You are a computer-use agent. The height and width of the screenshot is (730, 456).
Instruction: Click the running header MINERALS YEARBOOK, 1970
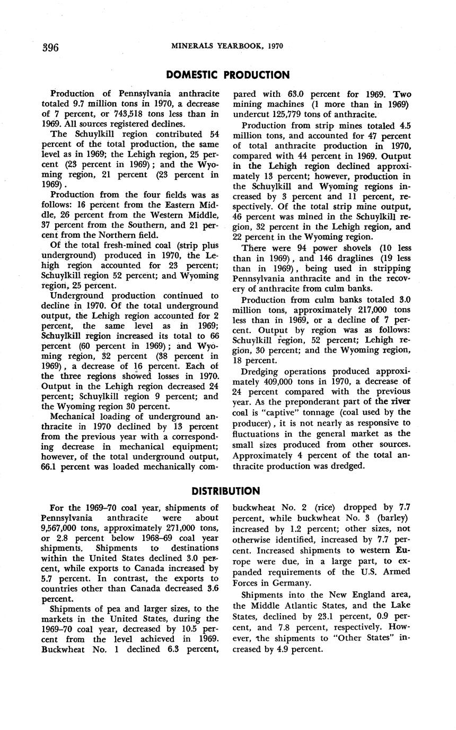(227, 46)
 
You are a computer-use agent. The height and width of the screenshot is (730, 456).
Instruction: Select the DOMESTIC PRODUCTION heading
(227, 75)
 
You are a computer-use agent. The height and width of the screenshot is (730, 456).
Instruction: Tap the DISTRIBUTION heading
(226, 491)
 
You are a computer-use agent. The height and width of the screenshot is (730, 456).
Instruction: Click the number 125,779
(286, 114)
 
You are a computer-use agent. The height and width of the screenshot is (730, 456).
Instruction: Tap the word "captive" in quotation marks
(273, 412)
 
